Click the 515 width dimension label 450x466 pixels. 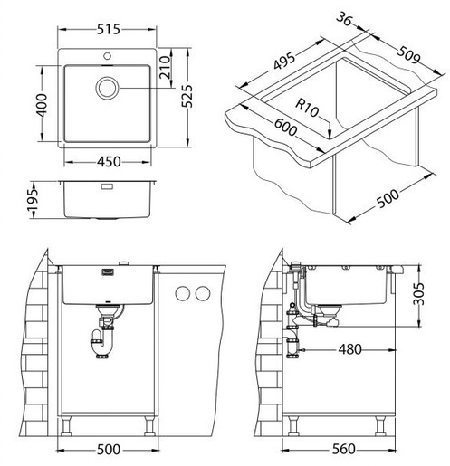109,29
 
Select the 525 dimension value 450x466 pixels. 187,96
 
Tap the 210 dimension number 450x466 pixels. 165,68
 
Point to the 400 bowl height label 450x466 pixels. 41,105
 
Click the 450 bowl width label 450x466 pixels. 109,162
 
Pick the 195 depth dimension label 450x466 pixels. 33,200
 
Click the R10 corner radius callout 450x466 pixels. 307,108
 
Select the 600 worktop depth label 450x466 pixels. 286,127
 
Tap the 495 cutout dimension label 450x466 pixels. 284,62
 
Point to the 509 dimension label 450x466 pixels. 408,55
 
